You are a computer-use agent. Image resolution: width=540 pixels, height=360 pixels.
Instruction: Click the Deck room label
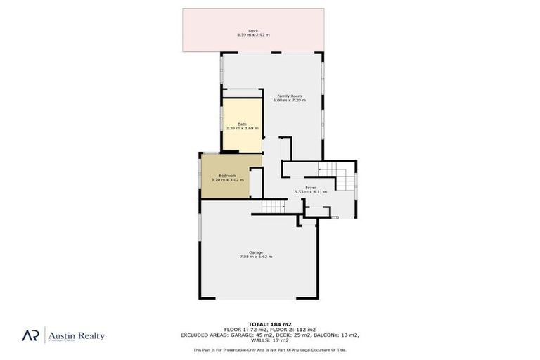tap(253, 30)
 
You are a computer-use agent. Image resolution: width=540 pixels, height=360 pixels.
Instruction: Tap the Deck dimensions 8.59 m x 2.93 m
tap(253, 34)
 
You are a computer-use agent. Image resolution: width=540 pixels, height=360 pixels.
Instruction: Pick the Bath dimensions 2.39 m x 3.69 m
tap(242, 129)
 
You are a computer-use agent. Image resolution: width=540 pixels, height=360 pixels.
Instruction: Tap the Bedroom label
tap(228, 176)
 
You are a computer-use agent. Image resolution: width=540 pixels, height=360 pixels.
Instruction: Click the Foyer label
tap(310, 187)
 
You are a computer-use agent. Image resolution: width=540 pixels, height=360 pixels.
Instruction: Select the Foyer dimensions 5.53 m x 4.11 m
tap(310, 191)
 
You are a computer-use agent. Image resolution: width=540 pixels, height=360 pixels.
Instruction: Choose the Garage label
tap(256, 252)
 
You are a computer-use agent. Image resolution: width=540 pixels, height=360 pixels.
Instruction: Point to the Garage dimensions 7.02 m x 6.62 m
tap(256, 257)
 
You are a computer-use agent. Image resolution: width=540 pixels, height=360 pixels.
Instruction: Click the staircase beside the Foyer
tap(328, 171)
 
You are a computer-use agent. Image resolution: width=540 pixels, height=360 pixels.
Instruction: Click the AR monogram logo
tap(30, 336)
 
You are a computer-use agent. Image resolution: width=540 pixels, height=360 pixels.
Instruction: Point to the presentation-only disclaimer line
tap(270, 349)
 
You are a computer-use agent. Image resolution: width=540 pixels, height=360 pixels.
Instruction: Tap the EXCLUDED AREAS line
tap(270, 334)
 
